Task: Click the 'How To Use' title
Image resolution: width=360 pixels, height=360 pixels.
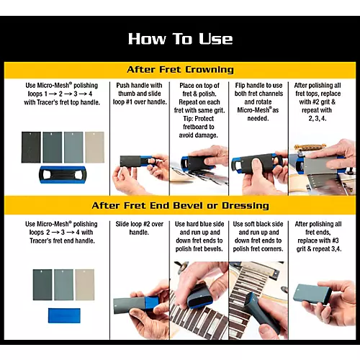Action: coord(180,38)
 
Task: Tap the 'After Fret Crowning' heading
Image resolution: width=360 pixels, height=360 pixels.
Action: coord(180,70)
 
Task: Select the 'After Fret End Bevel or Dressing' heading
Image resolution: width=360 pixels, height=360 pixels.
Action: coord(180,206)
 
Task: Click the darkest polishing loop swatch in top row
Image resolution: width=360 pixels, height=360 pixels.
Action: coord(31,148)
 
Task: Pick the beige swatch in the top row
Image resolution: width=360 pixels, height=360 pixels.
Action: coord(94,148)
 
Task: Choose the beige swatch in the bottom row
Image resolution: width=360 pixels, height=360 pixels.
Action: coord(85,285)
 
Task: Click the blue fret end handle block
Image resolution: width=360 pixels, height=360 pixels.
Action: coord(64,315)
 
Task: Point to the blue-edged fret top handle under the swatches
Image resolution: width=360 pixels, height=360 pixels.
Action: coord(63,175)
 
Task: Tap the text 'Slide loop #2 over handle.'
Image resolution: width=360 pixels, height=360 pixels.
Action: coord(139,228)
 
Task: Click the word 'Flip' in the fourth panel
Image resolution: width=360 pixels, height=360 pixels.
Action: coord(240,86)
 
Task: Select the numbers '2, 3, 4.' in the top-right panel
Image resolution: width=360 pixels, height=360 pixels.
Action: coord(318,119)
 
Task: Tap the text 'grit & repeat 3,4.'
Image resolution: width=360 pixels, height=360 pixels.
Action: coord(319,249)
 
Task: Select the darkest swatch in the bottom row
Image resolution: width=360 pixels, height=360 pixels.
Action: coord(42,285)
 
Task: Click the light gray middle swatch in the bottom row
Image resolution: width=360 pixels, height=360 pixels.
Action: coord(63,285)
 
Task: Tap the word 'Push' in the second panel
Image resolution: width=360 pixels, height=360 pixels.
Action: coord(122,86)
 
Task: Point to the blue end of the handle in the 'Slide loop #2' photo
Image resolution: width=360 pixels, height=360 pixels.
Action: coord(152,304)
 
